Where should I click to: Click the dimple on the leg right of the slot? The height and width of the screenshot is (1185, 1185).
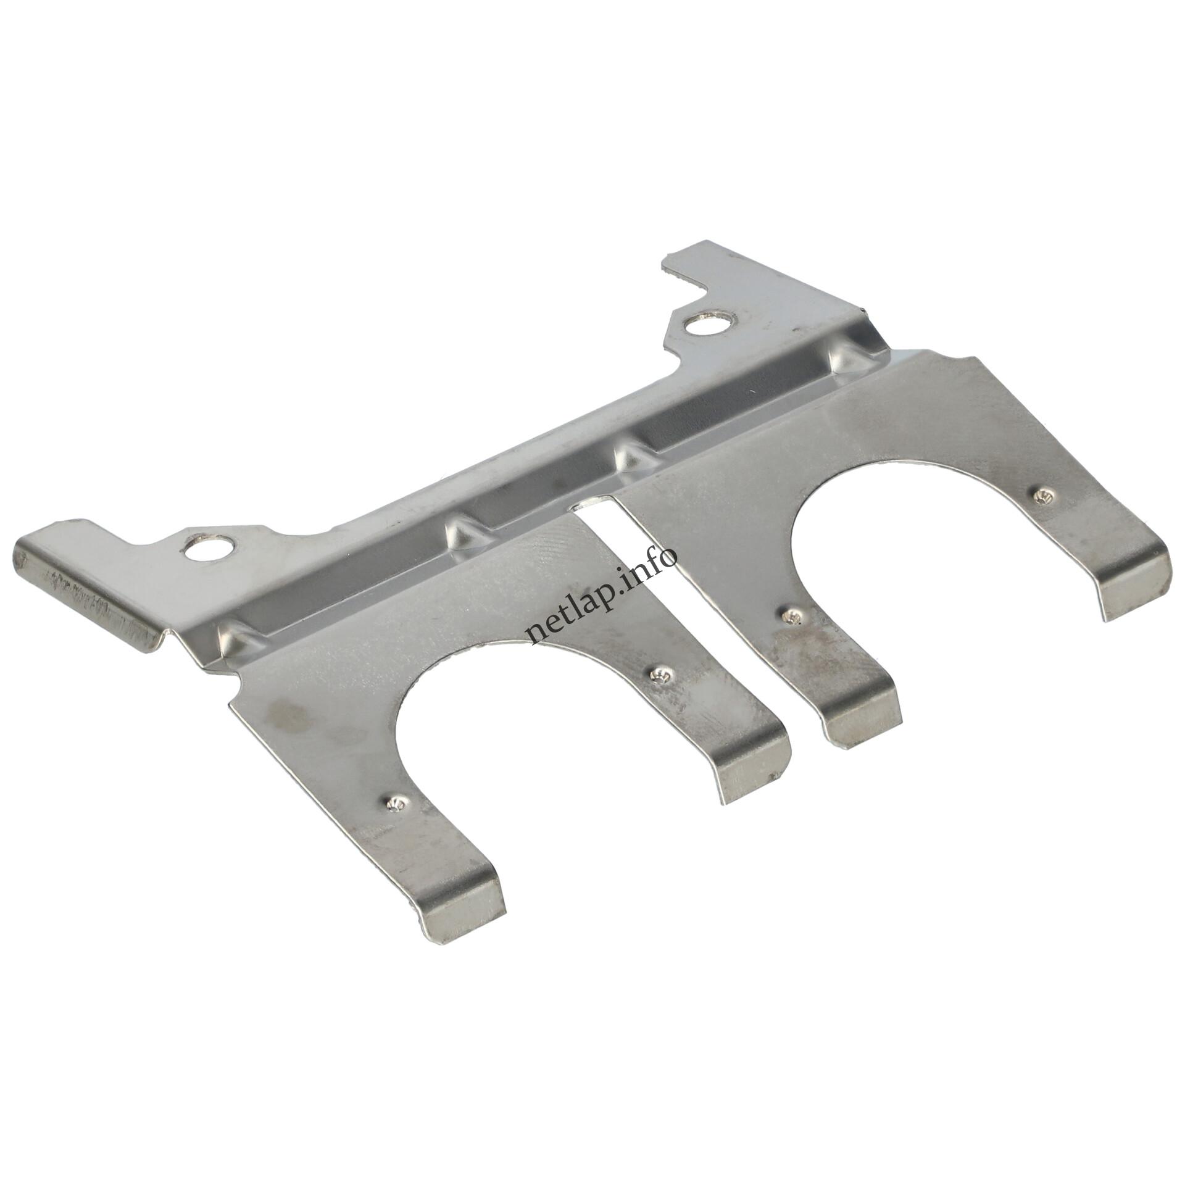(x=793, y=618)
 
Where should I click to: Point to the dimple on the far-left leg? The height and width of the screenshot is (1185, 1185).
(x=394, y=803)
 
